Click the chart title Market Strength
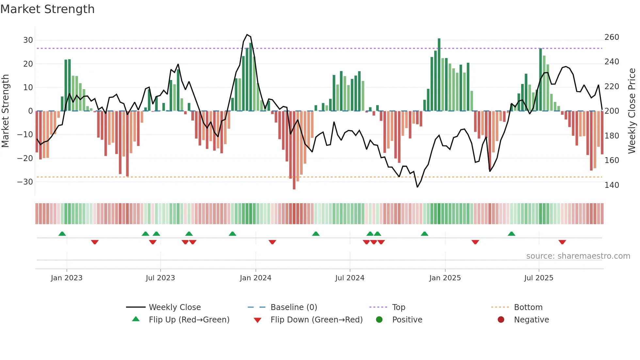47,9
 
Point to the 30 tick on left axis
28,40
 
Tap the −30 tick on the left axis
25,182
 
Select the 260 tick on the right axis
612,37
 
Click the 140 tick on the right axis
612,185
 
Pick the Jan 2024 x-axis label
255,278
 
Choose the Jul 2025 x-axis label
538,278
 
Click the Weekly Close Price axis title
632,111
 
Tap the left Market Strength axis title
5,111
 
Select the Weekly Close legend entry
175,307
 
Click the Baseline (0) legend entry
294,307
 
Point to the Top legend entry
398,307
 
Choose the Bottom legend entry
528,307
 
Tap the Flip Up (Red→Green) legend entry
189,320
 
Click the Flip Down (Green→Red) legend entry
316,320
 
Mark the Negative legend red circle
501,319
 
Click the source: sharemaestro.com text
578,256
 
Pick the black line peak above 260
247,35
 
